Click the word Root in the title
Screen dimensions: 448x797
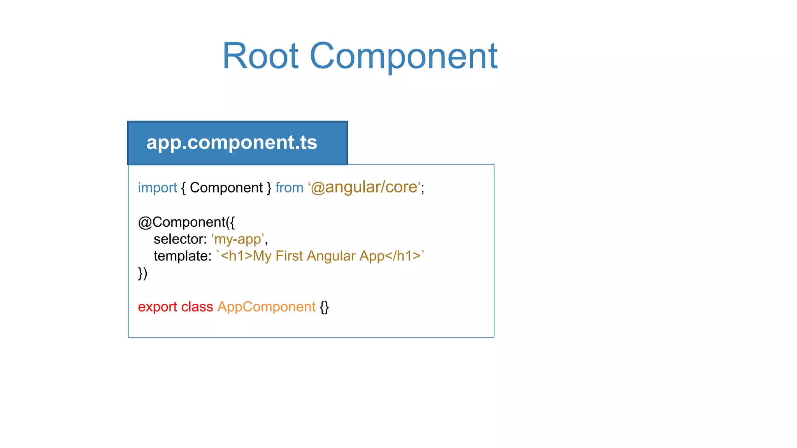[x=260, y=56]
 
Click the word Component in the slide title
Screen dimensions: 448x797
[x=403, y=56]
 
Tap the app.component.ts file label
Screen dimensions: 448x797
[x=232, y=142]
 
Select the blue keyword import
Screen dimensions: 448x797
[x=157, y=188]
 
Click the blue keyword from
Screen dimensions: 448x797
[x=289, y=188]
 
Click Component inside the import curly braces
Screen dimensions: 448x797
[x=226, y=188]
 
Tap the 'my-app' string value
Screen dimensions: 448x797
[x=238, y=239]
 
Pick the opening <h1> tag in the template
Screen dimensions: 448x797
[x=236, y=256]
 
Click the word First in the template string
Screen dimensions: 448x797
[x=289, y=256]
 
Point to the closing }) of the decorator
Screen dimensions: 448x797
[x=142, y=273]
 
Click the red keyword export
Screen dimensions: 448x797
[x=157, y=307]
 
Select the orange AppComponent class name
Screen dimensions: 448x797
[x=266, y=307]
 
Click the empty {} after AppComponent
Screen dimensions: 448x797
[x=324, y=307]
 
